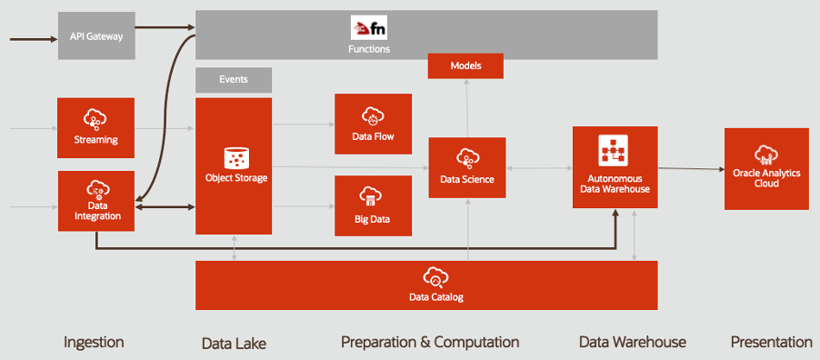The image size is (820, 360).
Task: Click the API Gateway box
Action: click(x=96, y=36)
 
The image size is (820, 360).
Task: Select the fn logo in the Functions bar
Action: click(x=369, y=27)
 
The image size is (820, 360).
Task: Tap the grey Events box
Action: click(x=234, y=80)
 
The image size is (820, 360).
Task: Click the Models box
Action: click(x=465, y=66)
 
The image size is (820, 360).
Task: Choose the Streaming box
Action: click(x=96, y=128)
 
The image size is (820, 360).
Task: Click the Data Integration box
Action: click(x=96, y=201)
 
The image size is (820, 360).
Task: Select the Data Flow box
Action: click(x=373, y=124)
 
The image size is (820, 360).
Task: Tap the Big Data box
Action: click(x=373, y=205)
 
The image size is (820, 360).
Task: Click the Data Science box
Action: click(x=467, y=167)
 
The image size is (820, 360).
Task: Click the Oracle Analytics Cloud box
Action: click(x=765, y=169)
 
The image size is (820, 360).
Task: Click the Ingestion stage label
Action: click(x=94, y=342)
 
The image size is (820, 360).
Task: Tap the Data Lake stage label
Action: click(x=234, y=343)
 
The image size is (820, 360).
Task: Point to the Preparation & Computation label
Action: click(x=430, y=342)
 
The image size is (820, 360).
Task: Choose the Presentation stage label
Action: click(x=771, y=342)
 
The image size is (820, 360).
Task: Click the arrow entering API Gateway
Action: click(x=32, y=38)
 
